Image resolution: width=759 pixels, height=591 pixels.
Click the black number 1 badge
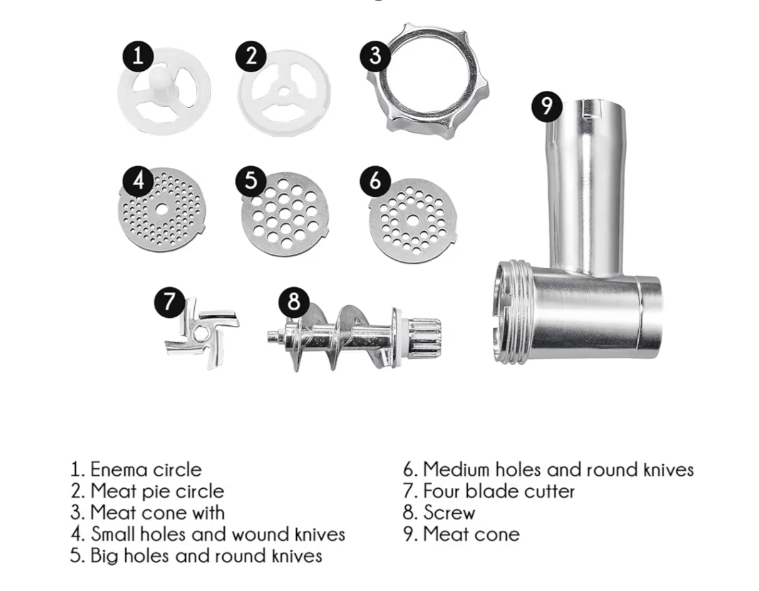tap(138, 56)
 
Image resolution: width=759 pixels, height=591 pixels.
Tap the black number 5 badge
tap(250, 181)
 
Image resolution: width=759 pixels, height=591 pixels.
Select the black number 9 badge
tap(547, 107)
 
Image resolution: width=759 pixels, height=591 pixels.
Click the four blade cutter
tap(202, 333)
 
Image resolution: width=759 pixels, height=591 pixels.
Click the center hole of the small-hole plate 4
tap(161, 209)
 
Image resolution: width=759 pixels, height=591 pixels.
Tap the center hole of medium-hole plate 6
tap(413, 221)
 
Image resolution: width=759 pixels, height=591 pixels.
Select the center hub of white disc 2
tap(284, 92)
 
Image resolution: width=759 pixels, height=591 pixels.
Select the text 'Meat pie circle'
tap(157, 492)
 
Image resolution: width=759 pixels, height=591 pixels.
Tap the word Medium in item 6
tap(456, 469)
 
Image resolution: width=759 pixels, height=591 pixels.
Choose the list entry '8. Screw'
tap(439, 513)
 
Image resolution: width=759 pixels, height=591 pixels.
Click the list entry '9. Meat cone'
tap(462, 535)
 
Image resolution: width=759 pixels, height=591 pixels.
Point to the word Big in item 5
tap(104, 557)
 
